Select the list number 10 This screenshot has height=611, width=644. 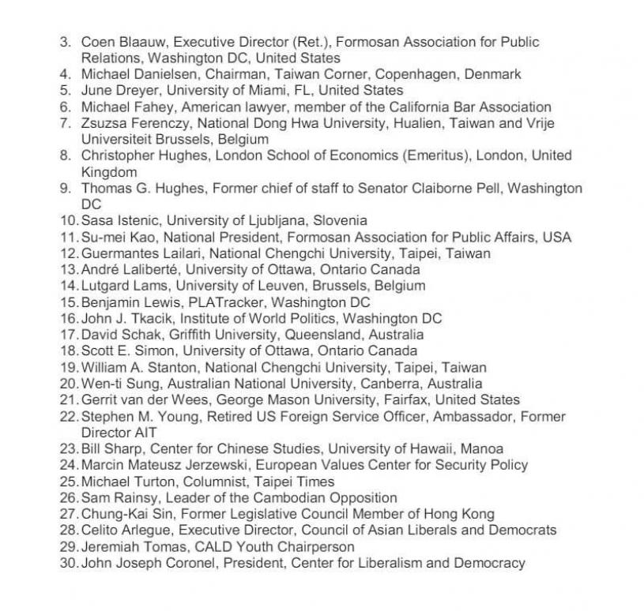coord(68,220)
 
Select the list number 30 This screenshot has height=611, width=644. coord(68,563)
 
